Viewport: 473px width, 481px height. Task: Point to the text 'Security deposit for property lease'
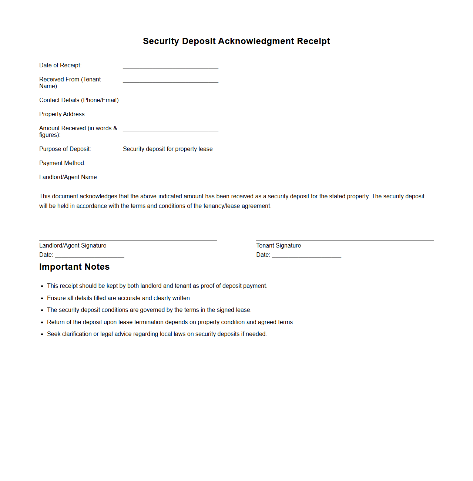click(168, 149)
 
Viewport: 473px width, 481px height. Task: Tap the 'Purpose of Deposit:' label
click(65, 149)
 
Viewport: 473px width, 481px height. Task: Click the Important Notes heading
click(74, 267)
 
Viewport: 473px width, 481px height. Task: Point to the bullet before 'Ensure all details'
click(42, 298)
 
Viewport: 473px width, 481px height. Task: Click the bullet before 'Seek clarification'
click(42, 334)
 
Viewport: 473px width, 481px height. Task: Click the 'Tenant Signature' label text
click(278, 246)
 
